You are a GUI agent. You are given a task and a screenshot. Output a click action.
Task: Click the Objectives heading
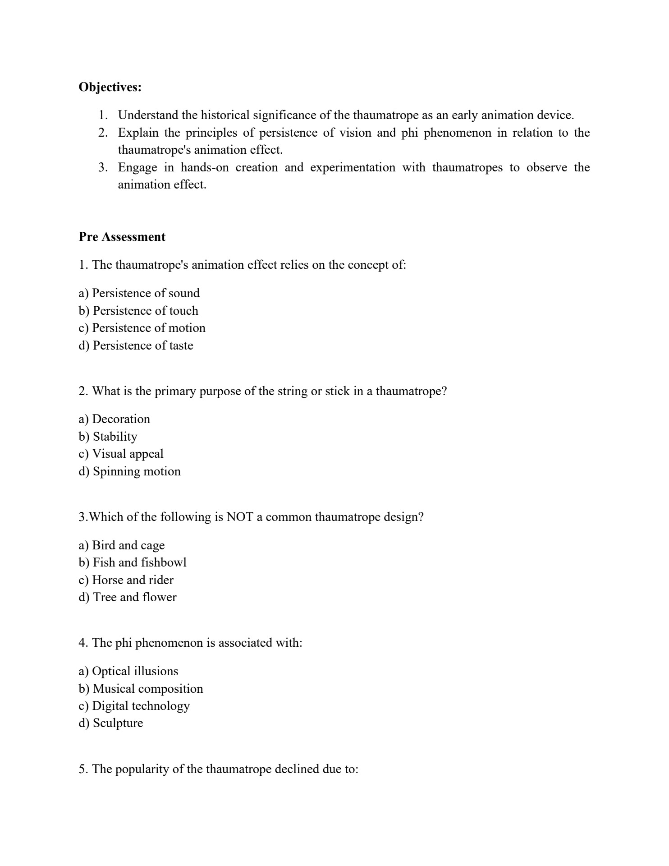[110, 87]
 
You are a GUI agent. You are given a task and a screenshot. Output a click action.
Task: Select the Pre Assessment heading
[122, 237]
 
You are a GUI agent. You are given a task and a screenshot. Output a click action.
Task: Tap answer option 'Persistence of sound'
[139, 293]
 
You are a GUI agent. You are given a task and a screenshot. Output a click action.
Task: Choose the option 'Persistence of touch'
[138, 311]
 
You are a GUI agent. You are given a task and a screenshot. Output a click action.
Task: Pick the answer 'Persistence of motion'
[142, 328]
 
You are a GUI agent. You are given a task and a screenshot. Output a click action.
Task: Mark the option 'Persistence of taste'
[136, 345]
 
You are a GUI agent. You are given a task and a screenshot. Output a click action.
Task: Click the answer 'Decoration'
[114, 419]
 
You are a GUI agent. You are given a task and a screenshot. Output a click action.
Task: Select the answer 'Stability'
[108, 437]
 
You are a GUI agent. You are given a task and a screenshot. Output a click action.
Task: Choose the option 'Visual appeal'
[121, 454]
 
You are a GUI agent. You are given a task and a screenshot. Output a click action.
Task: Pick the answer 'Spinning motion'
[129, 471]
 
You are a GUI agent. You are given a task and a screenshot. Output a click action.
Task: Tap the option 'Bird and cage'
[122, 545]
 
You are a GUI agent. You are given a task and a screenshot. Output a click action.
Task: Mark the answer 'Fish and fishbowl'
[133, 562]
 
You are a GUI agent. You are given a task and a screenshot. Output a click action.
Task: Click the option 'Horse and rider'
[126, 580]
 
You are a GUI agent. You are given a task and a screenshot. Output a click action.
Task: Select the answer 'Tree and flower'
[128, 597]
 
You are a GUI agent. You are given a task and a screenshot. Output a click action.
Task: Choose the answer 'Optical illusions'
[128, 671]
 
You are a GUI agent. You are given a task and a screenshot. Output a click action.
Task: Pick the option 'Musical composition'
[141, 689]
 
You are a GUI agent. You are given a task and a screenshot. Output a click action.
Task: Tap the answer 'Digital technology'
[134, 706]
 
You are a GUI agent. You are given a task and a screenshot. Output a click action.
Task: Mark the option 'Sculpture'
[111, 723]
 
